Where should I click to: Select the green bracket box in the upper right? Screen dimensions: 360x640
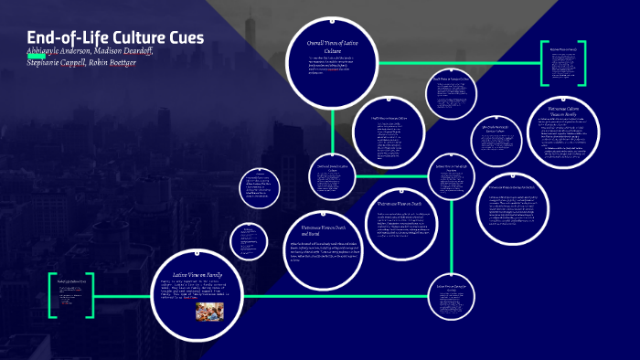pyautogui.click(x=562, y=65)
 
